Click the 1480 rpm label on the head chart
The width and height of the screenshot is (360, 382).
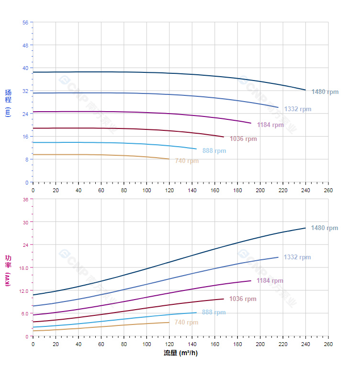coord(325,92)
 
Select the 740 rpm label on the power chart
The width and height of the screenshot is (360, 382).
coord(186,323)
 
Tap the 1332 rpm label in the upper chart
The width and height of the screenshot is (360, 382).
coord(297,109)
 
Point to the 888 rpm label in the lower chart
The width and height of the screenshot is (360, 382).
coord(214,312)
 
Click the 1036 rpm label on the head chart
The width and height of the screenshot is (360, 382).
coord(243,139)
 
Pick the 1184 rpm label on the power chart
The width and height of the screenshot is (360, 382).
coord(270,281)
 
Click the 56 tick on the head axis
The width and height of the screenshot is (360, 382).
coord(25,22)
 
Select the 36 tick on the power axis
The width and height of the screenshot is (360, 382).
coord(25,199)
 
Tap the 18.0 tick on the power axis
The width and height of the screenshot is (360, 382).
coord(23,267)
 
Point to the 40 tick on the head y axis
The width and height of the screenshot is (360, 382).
coord(25,68)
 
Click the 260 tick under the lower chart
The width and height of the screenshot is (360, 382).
coord(328,344)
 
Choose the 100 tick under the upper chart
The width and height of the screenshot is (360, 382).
coord(146,190)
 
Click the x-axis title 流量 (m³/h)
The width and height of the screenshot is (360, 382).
coord(180,353)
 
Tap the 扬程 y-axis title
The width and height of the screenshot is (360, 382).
coord(8,103)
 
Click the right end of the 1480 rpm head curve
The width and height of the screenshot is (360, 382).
coord(305,90)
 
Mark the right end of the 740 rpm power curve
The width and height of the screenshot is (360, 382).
coord(169,322)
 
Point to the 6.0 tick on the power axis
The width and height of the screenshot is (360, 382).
coord(24,313)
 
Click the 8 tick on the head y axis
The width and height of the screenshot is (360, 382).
coord(27,160)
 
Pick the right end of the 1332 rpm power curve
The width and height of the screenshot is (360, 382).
coord(278,257)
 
